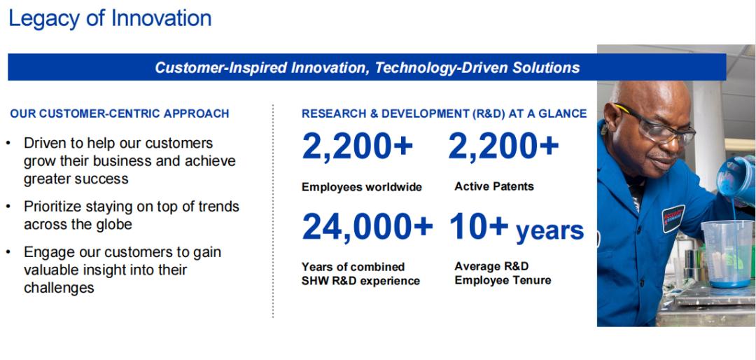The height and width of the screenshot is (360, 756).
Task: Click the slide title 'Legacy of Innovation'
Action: pos(110,18)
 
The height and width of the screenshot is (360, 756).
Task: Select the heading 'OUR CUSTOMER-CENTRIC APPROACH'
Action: pos(120,114)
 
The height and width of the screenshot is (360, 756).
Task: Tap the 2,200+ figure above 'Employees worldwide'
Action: pos(357,146)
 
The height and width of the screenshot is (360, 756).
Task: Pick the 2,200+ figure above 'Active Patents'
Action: pos(503,146)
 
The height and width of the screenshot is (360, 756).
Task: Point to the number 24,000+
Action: pos(367,227)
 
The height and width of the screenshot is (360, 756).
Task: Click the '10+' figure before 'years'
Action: pos(479,227)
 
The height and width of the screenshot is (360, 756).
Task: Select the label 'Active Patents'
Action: pos(494,186)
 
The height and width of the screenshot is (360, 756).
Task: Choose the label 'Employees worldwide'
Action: pos(362,187)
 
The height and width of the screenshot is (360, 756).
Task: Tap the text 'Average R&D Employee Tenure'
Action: pos(503,273)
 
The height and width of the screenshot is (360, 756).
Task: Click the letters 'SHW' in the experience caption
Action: pos(315,281)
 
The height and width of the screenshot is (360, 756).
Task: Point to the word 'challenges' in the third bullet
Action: pos(59,288)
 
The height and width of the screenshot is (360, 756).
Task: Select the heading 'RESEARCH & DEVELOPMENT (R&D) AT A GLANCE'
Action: pos(444,114)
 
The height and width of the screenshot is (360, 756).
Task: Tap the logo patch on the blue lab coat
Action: pos(673,219)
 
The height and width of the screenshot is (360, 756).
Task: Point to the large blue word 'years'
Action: pos(549,230)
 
